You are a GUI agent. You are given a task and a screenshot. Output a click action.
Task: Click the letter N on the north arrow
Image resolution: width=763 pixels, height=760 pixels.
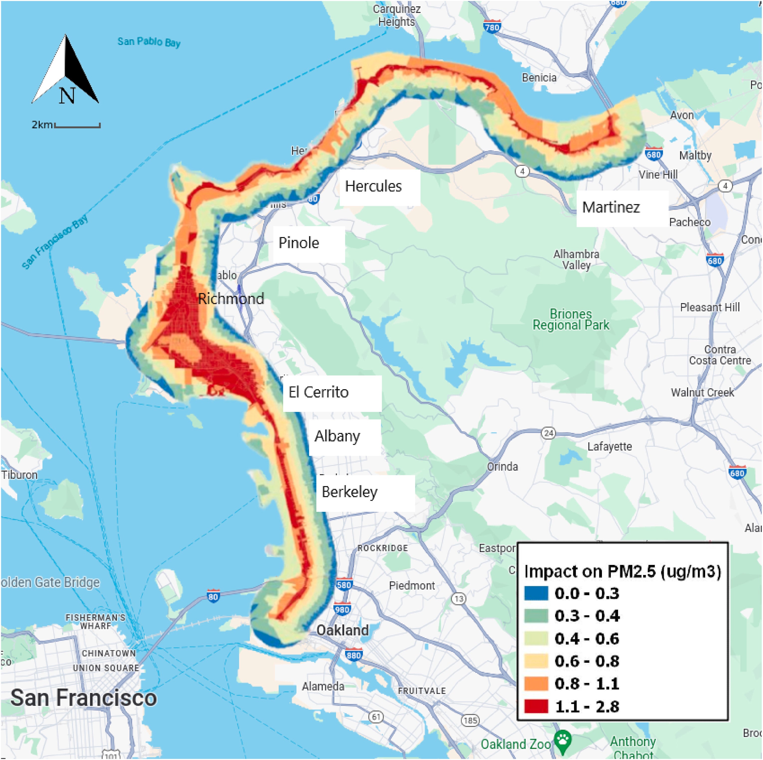coord(67,95)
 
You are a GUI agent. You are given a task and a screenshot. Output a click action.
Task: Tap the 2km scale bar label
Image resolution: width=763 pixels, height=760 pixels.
coord(42,125)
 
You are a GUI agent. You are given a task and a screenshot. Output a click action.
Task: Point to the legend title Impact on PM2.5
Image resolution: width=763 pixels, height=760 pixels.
coord(622,571)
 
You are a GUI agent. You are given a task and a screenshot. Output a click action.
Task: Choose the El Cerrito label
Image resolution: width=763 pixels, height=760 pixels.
coord(318,392)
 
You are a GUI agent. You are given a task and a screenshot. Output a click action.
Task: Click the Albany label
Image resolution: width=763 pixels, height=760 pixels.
coord(337,436)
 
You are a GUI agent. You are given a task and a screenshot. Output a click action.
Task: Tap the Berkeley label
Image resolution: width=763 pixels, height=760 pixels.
coord(350,492)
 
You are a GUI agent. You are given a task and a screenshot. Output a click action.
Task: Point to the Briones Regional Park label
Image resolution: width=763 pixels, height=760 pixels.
coord(571,320)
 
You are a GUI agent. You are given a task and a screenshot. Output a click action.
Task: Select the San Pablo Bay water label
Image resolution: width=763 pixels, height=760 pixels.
coord(149,42)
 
